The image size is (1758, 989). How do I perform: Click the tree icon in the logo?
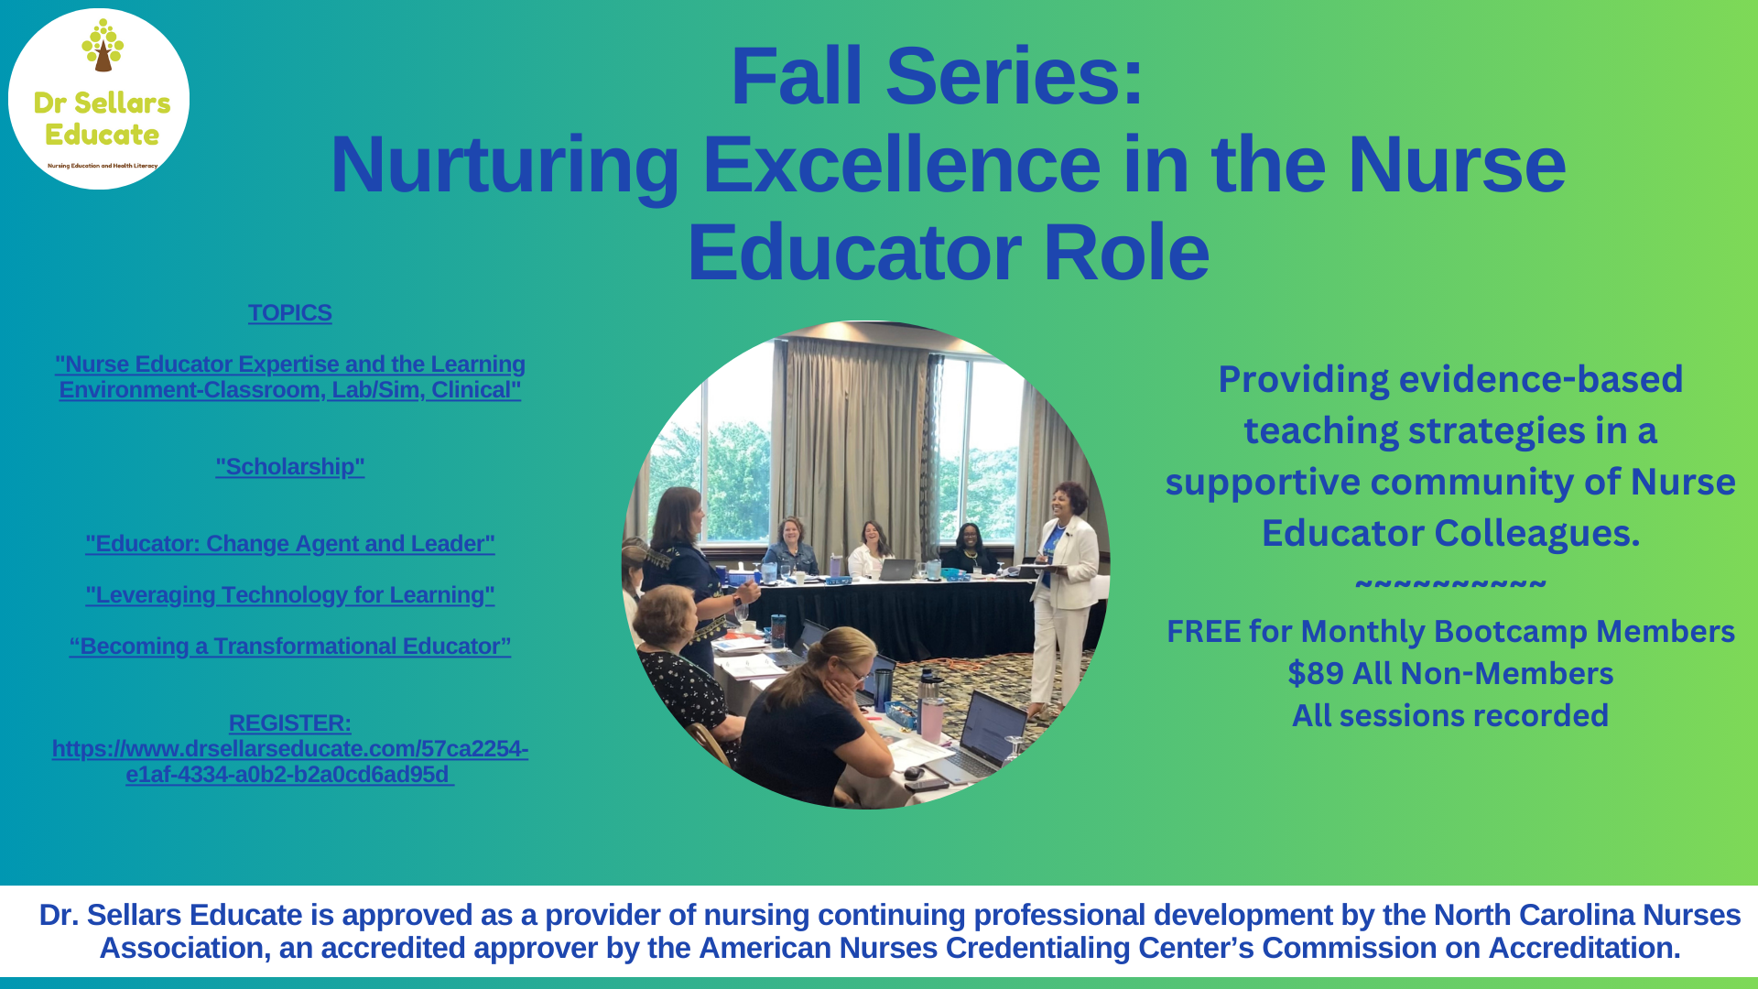(x=103, y=46)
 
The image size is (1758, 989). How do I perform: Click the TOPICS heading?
(x=289, y=313)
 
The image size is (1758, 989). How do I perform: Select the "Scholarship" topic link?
(x=289, y=467)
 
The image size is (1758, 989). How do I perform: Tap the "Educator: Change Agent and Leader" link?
(x=289, y=544)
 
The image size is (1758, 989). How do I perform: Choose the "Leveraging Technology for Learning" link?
(x=289, y=595)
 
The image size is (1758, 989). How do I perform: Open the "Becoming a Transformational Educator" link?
(x=289, y=647)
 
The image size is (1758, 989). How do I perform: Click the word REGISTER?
(x=288, y=723)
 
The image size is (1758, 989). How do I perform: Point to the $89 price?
(x=1316, y=674)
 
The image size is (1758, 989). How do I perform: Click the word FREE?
(x=1202, y=632)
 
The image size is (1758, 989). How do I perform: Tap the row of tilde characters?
(x=1450, y=584)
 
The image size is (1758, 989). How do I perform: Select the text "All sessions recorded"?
(x=1450, y=716)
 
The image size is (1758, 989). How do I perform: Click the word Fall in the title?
(x=796, y=77)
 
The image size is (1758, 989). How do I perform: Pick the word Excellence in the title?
(x=901, y=166)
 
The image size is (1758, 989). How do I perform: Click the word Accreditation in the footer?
(x=1583, y=949)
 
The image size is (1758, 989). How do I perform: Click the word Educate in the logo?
(x=102, y=136)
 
